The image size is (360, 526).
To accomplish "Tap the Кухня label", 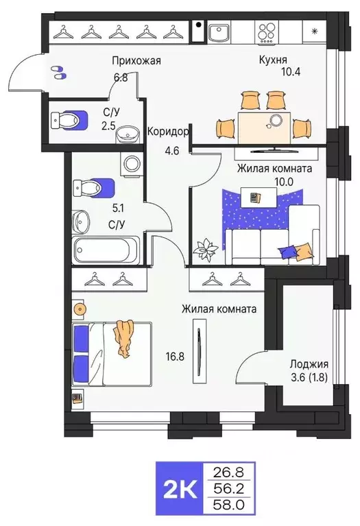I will pyautogui.click(x=272, y=60).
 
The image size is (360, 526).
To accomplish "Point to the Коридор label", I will pyautogui.click(x=168, y=131).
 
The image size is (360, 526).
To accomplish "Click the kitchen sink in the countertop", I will pyautogui.click(x=219, y=32).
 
